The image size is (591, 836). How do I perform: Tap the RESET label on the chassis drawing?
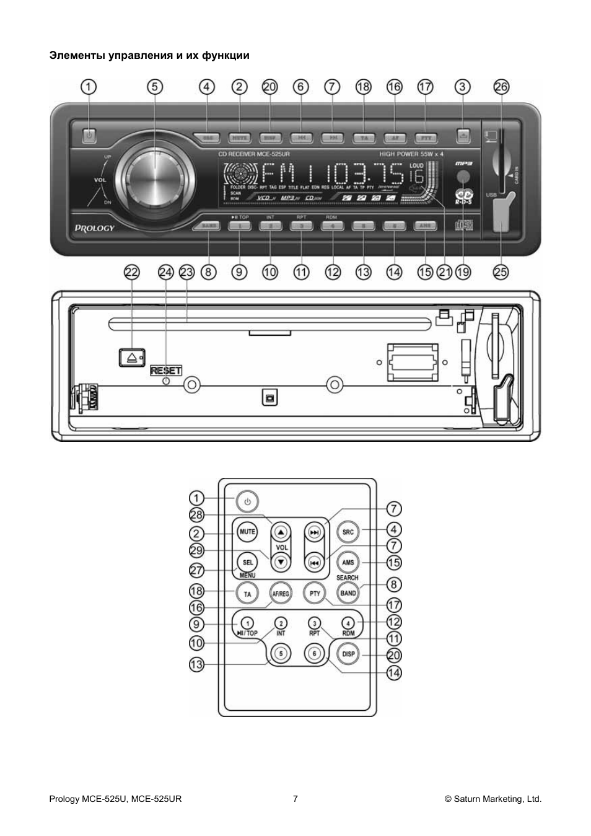(166, 371)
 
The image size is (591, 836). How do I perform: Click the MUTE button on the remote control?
(248, 532)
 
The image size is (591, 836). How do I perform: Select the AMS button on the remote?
(348, 562)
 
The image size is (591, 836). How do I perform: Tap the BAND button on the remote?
(348, 593)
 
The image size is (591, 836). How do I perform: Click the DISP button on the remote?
(348, 654)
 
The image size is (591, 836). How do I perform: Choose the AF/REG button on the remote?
(281, 594)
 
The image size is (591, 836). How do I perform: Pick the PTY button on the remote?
(315, 593)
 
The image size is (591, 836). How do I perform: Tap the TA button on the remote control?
(248, 594)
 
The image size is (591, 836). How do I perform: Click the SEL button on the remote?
(248, 562)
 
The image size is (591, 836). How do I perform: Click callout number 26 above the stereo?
(501, 87)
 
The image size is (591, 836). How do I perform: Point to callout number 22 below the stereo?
(132, 271)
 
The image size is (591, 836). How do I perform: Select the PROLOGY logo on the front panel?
(95, 227)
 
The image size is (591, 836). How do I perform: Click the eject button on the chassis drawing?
(131, 357)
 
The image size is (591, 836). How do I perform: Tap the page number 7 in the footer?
(295, 799)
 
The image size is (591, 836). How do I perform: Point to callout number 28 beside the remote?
(196, 516)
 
